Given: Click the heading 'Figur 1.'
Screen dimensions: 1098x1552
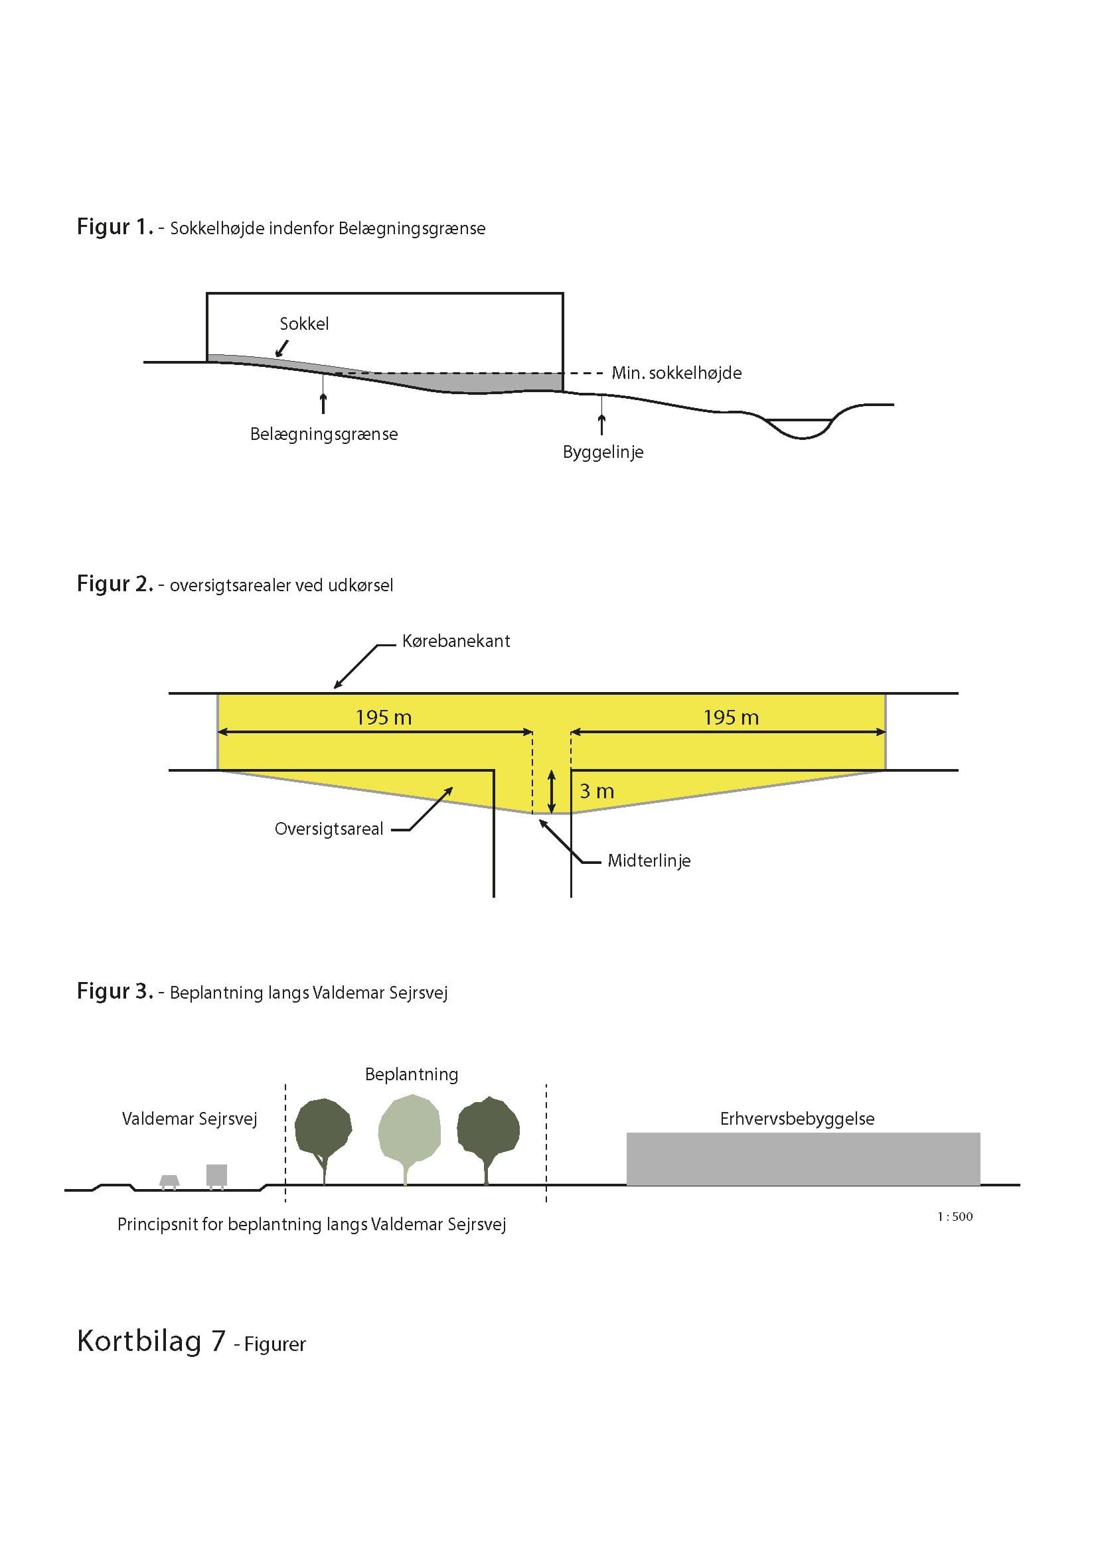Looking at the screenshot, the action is (116, 227).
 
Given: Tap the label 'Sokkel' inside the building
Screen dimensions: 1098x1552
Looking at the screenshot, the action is (304, 324).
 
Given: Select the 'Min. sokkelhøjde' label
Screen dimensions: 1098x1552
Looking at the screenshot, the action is (676, 373).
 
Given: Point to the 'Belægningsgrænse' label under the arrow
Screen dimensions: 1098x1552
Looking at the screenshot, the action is (324, 434).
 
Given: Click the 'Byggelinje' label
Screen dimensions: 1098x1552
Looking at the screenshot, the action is (603, 453).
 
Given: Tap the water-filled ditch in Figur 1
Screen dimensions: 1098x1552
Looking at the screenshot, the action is (802, 429).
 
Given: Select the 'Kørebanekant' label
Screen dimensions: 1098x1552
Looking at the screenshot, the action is (456, 641).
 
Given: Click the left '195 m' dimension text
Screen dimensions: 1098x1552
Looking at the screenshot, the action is (384, 717).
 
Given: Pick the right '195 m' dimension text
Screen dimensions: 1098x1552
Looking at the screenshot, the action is (732, 717).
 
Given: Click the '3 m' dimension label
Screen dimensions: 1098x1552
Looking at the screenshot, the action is (597, 791).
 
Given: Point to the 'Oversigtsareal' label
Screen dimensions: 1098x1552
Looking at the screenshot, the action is (329, 829).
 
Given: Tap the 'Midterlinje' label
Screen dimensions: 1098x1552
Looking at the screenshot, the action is (649, 861).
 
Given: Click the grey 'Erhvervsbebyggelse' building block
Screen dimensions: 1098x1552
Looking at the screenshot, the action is (803, 1159).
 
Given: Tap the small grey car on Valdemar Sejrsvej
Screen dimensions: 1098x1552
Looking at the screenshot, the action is (169, 1182).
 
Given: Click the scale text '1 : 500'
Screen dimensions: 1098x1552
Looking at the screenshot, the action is (955, 1217).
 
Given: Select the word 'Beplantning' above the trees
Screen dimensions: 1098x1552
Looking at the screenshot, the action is (412, 1075).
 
